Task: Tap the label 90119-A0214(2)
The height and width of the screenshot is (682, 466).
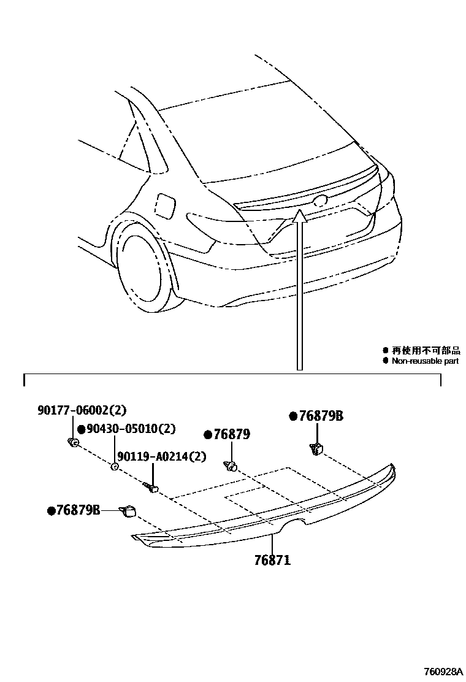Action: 161,456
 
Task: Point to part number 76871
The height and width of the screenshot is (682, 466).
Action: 272,560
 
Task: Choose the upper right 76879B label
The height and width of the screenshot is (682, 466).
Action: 321,416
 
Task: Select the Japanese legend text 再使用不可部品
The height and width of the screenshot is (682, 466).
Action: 426,350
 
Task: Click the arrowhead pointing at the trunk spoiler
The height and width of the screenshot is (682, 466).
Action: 300,215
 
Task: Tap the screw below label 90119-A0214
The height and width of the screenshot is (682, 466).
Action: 151,488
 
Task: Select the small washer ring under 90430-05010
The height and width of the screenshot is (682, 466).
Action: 114,467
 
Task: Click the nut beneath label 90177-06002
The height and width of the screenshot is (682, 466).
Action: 73,442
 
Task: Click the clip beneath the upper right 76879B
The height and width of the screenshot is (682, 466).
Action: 317,450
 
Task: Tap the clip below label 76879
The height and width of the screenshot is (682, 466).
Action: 231,466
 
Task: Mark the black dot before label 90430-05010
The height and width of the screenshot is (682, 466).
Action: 80,429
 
